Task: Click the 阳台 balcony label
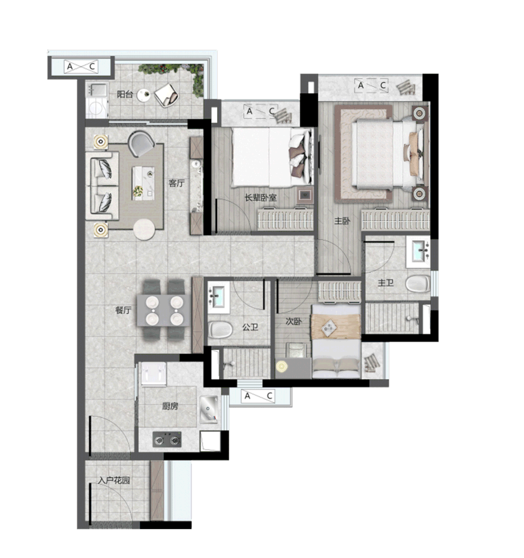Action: pyautogui.click(x=125, y=94)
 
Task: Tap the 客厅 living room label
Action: pyautogui.click(x=177, y=183)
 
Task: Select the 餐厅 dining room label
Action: pyautogui.click(x=123, y=310)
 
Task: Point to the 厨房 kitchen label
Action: pyautogui.click(x=170, y=406)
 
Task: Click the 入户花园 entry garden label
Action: pyautogui.click(x=114, y=480)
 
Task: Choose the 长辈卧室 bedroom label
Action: pyautogui.click(x=261, y=198)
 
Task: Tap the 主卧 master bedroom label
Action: pyautogui.click(x=342, y=221)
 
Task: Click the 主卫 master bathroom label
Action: pyautogui.click(x=386, y=283)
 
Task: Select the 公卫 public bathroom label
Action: pyautogui.click(x=250, y=326)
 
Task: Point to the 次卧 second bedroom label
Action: pyautogui.click(x=294, y=321)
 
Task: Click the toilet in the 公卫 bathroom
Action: pyautogui.click(x=220, y=330)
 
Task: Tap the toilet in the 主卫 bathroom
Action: pyautogui.click(x=418, y=284)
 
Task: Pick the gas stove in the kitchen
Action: pyautogui.click(x=167, y=440)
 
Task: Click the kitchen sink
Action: pyautogui.click(x=209, y=409)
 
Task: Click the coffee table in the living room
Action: pyautogui.click(x=143, y=183)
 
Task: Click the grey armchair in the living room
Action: pyautogui.click(x=141, y=143)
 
